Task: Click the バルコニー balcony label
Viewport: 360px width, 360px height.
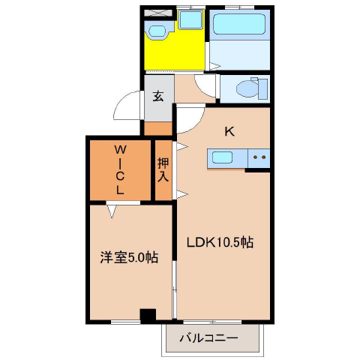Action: point(208,338)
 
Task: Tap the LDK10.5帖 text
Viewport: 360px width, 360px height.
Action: point(220,242)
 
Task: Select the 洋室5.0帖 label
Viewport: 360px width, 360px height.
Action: point(129,257)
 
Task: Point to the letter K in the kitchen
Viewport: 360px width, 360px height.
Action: point(229,131)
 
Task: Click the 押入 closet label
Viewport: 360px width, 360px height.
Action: point(163,169)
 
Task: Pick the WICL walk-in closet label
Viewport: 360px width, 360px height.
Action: point(120,169)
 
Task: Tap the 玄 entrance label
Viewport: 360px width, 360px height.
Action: point(158,96)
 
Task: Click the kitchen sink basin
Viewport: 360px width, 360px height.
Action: point(222,157)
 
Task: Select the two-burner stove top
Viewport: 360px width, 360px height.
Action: point(259,158)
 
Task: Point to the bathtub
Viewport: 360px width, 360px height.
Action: point(239,24)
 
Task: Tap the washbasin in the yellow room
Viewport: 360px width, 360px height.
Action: point(157,31)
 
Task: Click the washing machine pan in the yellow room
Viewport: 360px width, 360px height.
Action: point(190,19)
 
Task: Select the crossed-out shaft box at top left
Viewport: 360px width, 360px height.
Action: point(158,13)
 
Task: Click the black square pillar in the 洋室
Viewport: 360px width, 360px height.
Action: point(148,316)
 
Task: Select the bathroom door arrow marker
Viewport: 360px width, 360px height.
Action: point(215,66)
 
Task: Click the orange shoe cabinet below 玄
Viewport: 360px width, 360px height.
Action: point(158,129)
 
